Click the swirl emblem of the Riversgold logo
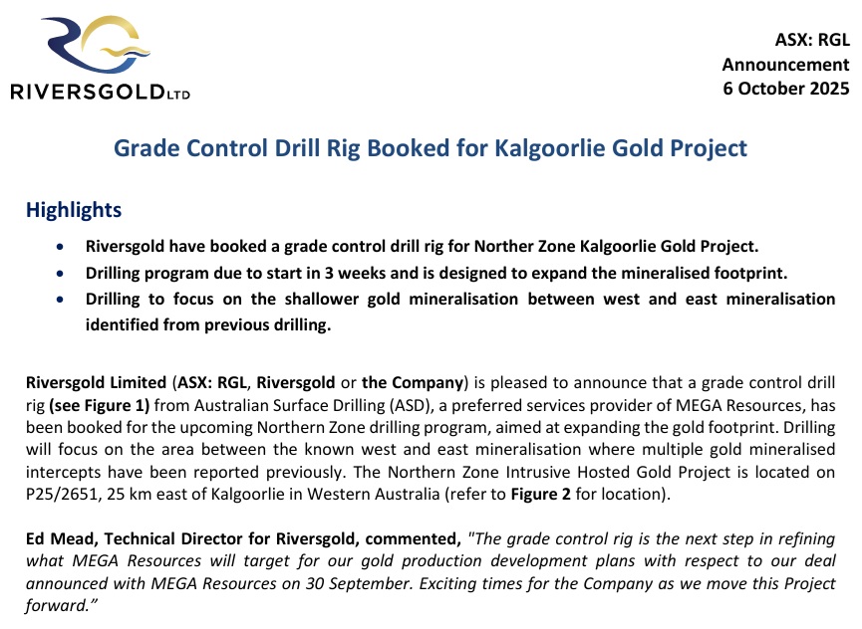(97, 44)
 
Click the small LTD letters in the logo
(178, 95)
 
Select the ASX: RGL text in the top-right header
(812, 40)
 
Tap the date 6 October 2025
(786, 89)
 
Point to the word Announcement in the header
(785, 65)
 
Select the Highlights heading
(74, 210)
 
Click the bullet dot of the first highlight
(60, 247)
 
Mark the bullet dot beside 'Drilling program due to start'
(60, 274)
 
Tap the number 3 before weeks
(329, 273)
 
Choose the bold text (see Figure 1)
(100, 406)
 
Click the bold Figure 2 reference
(541, 494)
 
